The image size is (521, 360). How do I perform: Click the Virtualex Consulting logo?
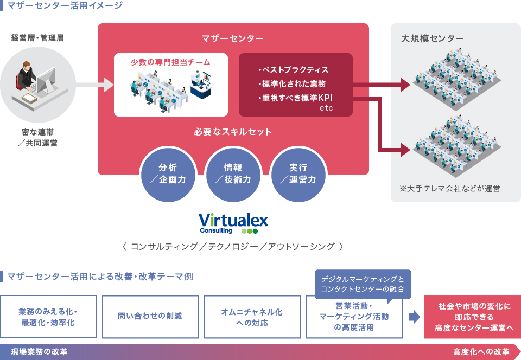click(233, 223)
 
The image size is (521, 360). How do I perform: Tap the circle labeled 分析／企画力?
click(168, 174)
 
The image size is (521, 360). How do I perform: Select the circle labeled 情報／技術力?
click(233, 174)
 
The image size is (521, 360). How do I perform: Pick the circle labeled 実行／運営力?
click(298, 174)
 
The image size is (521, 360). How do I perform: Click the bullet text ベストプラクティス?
click(294, 70)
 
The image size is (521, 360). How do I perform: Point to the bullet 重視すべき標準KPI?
click(295, 98)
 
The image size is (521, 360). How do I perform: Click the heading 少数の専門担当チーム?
click(170, 62)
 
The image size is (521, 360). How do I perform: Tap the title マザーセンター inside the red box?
click(233, 38)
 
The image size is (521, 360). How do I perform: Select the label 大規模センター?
click(433, 38)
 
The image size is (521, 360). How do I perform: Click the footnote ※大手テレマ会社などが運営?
click(450, 189)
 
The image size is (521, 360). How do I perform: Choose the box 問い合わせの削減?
click(150, 317)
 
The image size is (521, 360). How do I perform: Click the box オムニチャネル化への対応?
click(252, 317)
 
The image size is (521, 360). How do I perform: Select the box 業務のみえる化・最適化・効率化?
click(48, 317)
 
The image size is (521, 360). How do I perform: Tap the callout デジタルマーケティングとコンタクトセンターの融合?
click(363, 284)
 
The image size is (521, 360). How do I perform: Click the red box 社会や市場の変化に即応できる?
click(473, 317)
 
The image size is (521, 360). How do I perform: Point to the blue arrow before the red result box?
click(414, 317)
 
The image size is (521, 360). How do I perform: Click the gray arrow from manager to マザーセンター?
click(94, 85)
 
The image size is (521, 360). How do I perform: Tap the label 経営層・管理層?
click(37, 38)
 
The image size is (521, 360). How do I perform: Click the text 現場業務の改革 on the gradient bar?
click(39, 352)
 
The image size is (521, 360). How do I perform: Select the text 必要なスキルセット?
click(233, 132)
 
